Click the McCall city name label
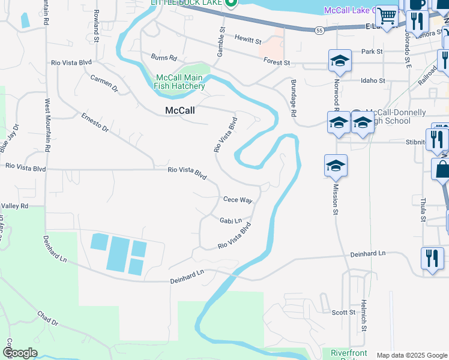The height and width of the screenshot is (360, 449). (x=179, y=110)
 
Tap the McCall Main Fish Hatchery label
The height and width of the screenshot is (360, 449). (x=180, y=82)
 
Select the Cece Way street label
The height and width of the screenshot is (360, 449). (x=238, y=200)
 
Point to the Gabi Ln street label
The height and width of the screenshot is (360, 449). (x=230, y=221)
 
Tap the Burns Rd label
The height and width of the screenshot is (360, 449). (x=164, y=58)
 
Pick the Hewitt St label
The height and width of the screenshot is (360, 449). (x=248, y=40)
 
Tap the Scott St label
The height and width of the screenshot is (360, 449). (x=343, y=313)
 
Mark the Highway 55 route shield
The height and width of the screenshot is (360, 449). (x=319, y=29)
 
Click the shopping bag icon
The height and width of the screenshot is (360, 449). (x=442, y=169)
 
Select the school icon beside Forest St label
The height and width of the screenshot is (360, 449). (x=340, y=60)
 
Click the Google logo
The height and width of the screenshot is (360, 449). (x=20, y=353)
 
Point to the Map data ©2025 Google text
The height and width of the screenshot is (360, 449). (x=411, y=355)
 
